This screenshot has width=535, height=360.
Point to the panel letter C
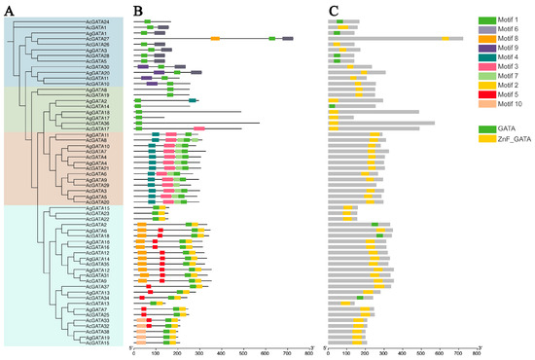[334, 9]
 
